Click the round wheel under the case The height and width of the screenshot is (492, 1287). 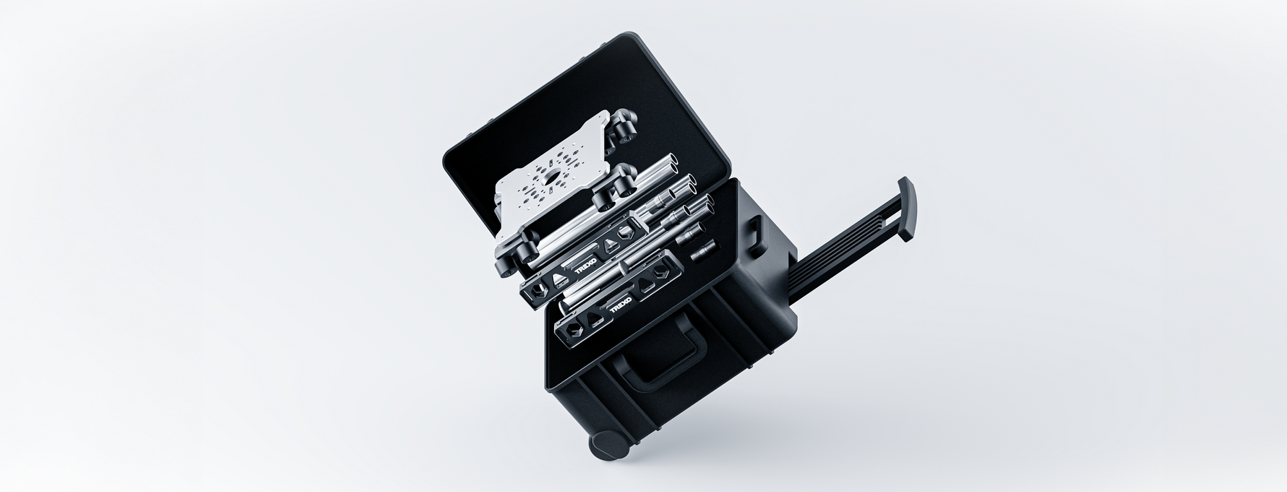(x=607, y=446)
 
